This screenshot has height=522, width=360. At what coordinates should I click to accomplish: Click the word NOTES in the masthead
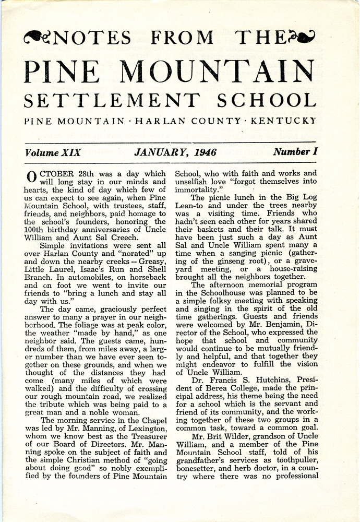(x=92, y=38)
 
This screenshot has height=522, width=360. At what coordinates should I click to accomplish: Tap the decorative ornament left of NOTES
(x=37, y=37)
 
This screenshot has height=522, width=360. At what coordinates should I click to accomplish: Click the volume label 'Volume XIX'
(x=52, y=153)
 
